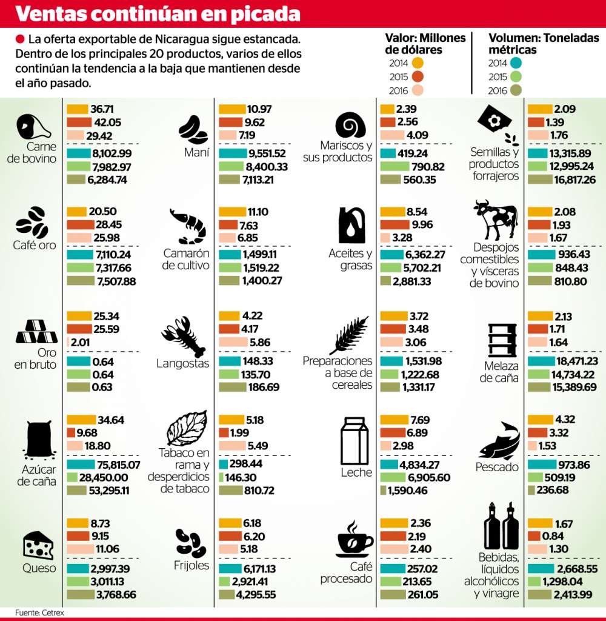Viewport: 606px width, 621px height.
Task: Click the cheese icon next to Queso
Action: (x=38, y=545)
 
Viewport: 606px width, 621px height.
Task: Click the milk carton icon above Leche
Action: (x=355, y=441)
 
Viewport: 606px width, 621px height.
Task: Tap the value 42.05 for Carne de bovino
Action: (x=106, y=122)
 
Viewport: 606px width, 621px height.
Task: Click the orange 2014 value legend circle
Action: (x=417, y=62)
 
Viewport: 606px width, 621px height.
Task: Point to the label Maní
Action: (x=196, y=153)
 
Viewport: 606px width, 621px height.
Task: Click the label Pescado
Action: (x=497, y=467)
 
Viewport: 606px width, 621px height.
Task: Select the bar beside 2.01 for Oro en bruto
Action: (x=68, y=341)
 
